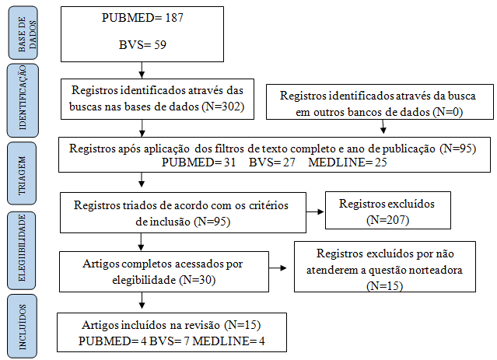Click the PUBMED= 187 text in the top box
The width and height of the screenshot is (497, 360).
coord(142,18)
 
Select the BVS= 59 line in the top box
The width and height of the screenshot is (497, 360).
coord(142,45)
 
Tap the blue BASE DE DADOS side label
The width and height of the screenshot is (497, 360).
coord(23,33)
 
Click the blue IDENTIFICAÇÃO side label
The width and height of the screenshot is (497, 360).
coord(23,100)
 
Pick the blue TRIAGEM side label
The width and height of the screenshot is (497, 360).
coord(22,173)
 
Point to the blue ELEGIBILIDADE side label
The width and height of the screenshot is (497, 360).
coord(22,250)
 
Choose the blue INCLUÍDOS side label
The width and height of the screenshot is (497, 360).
coord(23,327)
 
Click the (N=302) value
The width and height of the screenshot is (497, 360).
coord(222,107)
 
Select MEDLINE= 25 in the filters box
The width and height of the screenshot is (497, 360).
coord(348,163)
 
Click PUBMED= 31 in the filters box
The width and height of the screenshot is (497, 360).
coord(199,163)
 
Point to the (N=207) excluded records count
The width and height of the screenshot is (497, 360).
coord(387,220)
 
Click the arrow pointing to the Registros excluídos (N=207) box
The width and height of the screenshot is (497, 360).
coord(315,211)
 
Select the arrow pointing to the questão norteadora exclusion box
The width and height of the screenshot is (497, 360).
coord(278,268)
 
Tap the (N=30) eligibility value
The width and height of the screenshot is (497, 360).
coord(197,280)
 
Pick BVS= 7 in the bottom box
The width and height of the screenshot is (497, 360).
coord(169,341)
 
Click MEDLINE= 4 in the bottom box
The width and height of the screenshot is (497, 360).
coord(229,341)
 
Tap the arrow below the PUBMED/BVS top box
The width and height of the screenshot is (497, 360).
coord(142,70)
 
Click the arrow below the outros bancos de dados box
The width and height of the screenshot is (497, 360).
coord(383,127)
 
